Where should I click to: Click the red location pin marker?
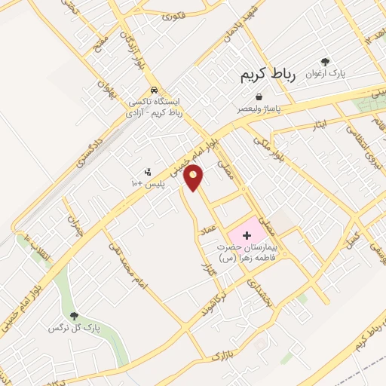[195, 177]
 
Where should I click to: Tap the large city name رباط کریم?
[270, 75]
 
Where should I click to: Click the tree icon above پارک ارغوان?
[325, 63]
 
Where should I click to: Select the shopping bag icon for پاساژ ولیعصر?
[259, 97]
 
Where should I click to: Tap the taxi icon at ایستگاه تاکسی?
[153, 89]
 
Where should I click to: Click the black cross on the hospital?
[247, 236]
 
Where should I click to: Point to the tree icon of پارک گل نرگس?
[74, 317]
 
